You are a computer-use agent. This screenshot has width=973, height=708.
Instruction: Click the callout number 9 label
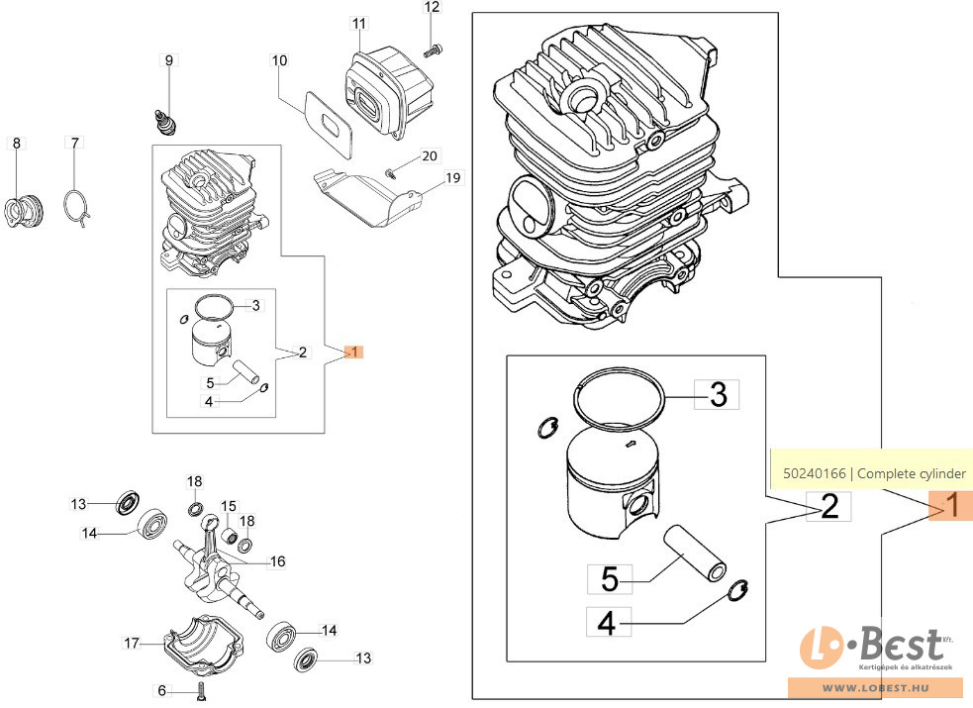(168, 61)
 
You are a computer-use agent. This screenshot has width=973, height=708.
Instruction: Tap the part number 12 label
(432, 8)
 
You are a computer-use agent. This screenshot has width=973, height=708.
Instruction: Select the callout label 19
(453, 178)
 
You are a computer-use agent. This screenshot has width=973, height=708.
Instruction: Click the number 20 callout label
(429, 156)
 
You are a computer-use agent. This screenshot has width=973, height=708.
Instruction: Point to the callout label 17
(132, 643)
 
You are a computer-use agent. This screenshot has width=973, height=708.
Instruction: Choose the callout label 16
(277, 561)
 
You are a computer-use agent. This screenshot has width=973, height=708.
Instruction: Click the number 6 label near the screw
(161, 690)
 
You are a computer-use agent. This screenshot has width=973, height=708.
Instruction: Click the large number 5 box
(610, 576)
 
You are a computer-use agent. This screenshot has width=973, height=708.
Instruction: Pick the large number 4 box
(608, 622)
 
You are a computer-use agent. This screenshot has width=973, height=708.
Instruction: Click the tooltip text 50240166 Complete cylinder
(872, 473)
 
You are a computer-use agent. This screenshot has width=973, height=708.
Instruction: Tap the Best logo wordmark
(891, 648)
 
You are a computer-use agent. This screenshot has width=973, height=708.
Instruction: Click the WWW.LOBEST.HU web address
(880, 688)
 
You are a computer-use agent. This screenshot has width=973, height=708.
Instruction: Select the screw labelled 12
(432, 47)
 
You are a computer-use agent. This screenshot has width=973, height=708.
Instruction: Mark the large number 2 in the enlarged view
(829, 507)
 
